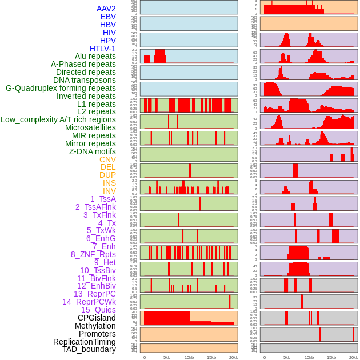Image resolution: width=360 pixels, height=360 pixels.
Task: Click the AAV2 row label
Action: click(x=106, y=9)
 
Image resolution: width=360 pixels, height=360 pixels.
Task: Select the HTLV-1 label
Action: click(x=103, y=49)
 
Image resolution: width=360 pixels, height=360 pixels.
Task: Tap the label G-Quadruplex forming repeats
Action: click(x=61, y=88)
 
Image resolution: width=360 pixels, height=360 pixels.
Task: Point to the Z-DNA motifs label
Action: click(x=93, y=151)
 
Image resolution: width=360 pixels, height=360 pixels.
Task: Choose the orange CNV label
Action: click(x=107, y=159)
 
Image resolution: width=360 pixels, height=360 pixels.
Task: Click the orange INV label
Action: click(x=109, y=191)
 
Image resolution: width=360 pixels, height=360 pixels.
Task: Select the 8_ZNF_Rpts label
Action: click(x=93, y=254)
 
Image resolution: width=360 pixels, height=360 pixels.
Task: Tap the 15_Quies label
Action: click(x=98, y=310)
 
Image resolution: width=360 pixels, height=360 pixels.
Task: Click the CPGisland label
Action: click(x=97, y=318)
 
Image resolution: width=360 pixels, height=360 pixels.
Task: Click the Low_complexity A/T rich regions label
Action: click(x=58, y=119)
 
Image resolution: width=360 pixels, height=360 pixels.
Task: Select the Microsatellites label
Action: click(x=90, y=127)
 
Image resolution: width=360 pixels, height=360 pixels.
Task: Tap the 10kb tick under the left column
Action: click(x=189, y=357)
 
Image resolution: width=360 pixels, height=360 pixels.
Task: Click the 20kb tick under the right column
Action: click(x=354, y=357)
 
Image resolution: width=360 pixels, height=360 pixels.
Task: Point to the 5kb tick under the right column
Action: click(x=287, y=357)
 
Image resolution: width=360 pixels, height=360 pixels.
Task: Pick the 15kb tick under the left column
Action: click(x=211, y=357)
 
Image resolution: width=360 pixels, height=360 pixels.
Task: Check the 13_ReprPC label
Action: click(x=95, y=294)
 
